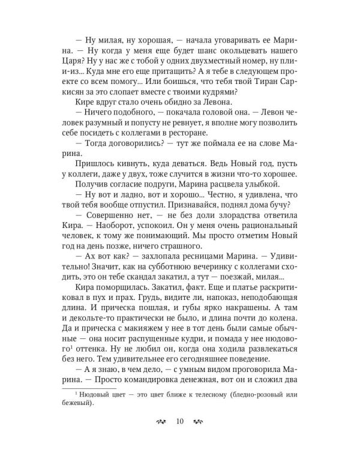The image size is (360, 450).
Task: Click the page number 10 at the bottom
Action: [180, 420]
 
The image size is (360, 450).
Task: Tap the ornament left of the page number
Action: [161, 420]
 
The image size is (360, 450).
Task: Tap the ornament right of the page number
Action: [199, 420]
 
